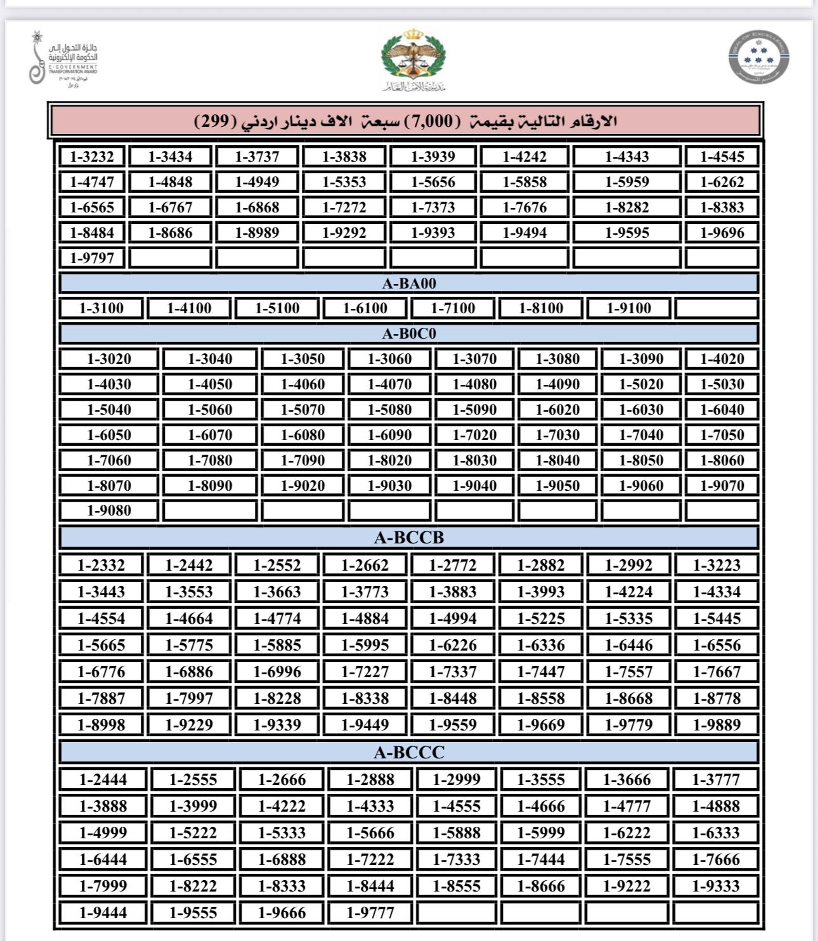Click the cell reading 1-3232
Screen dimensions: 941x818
click(x=92, y=157)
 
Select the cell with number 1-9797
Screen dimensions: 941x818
click(x=92, y=258)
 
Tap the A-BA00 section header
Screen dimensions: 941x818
click(x=409, y=283)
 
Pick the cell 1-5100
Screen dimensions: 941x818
click(x=277, y=309)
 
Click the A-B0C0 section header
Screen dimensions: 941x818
click(x=409, y=334)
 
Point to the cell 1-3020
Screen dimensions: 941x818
click(x=109, y=359)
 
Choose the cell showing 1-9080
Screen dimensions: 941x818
click(x=109, y=510)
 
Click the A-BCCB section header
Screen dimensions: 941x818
click(x=409, y=538)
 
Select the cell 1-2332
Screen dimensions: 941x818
click(x=101, y=565)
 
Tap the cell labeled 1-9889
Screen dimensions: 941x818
click(x=717, y=725)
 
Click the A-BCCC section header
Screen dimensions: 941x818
click(x=409, y=753)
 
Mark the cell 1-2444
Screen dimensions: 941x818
click(x=103, y=779)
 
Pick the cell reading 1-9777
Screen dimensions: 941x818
click(x=370, y=913)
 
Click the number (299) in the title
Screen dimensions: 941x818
click(x=215, y=121)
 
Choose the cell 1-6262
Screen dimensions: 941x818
click(x=722, y=182)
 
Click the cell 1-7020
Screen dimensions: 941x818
click(x=474, y=435)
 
